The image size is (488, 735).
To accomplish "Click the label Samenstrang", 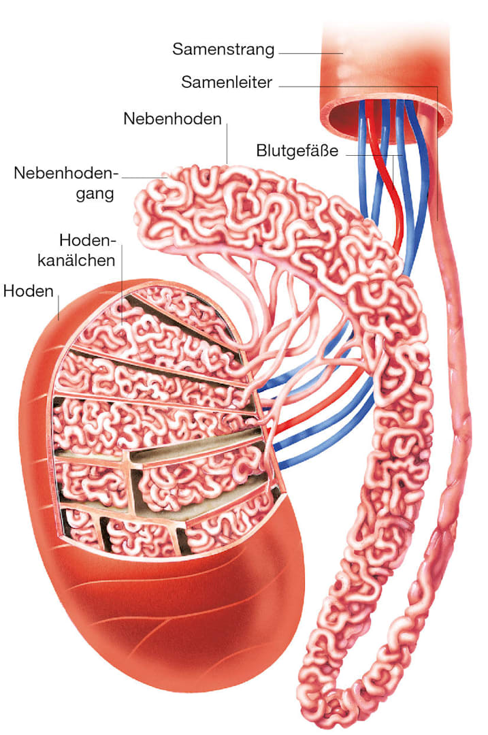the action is (x=223, y=49).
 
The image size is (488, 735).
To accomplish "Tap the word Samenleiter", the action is (x=227, y=82).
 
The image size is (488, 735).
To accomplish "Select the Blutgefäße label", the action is (x=297, y=151).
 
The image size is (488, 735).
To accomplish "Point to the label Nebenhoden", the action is (x=172, y=118).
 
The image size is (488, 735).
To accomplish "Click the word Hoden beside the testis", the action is (x=28, y=291).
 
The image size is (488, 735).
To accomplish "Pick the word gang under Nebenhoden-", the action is (x=95, y=193).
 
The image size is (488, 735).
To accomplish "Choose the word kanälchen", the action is (x=76, y=260).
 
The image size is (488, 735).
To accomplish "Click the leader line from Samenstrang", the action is (x=311, y=53).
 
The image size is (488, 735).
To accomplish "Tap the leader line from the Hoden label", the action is (x=58, y=306).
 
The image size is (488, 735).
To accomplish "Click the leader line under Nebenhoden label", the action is (x=227, y=143).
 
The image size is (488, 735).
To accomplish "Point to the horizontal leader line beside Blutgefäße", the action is (x=374, y=154).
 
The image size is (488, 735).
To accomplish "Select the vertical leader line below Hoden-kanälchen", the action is (x=121, y=284).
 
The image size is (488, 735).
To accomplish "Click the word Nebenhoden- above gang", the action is (x=64, y=173).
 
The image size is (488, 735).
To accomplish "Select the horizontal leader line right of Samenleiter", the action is (x=358, y=86).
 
